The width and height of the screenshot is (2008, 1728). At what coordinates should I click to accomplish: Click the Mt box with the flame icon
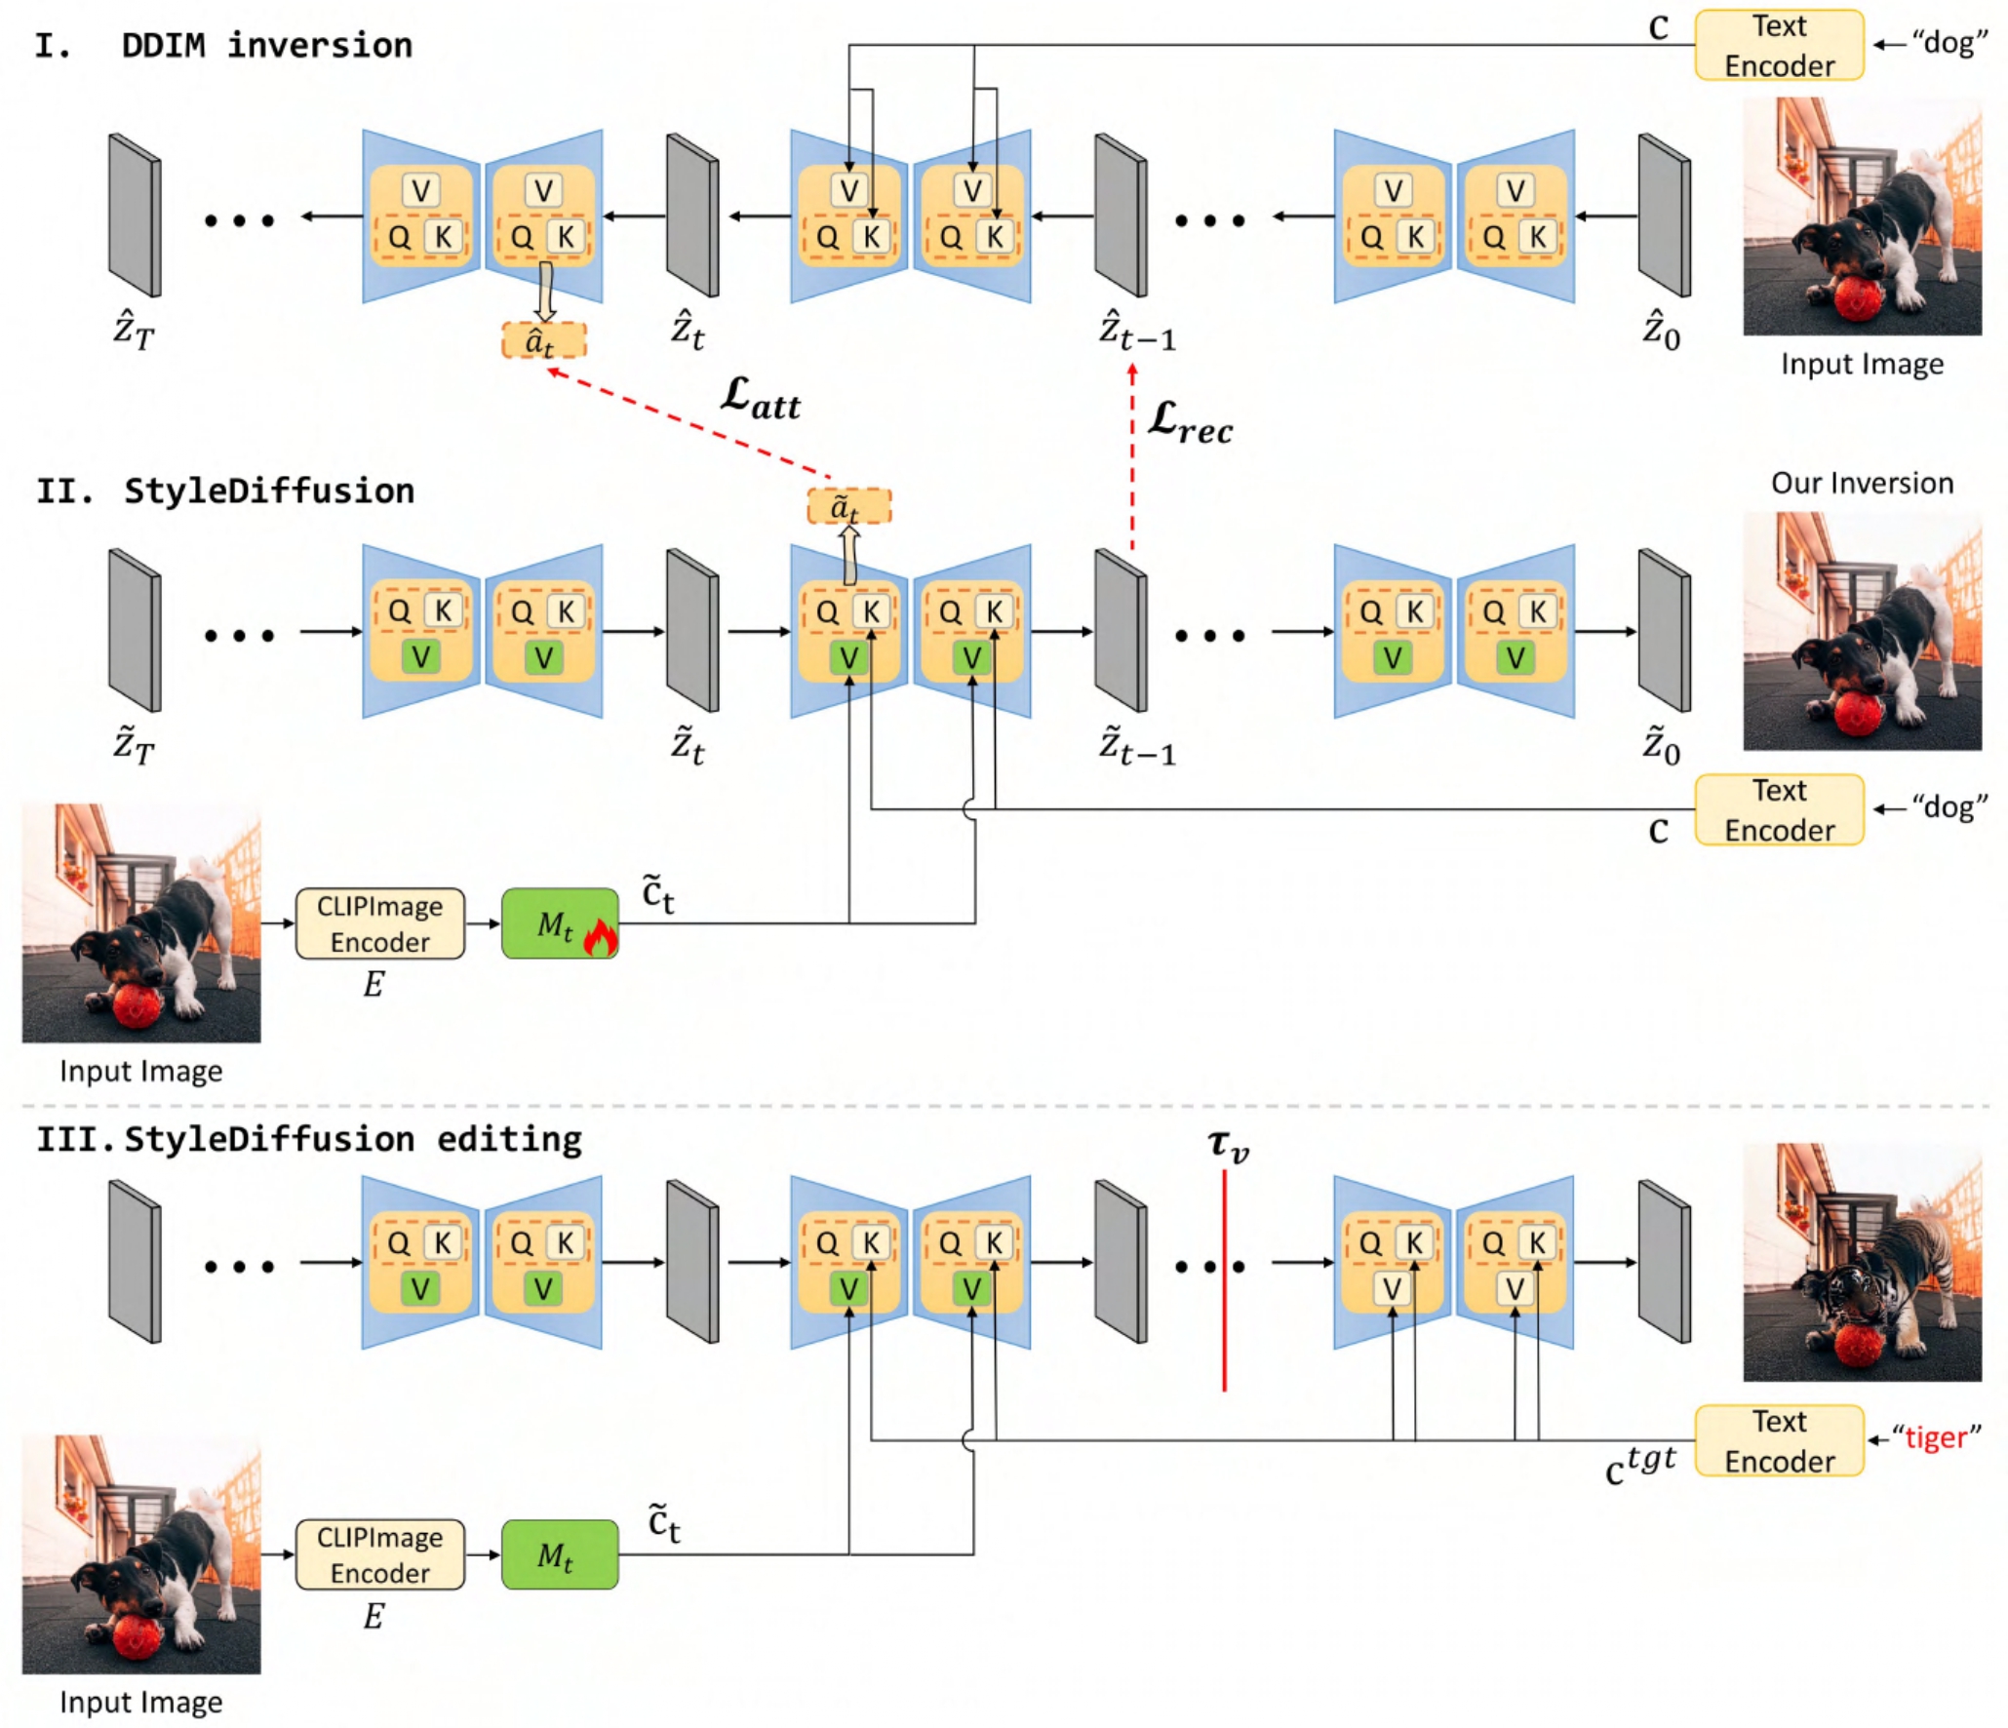tap(559, 923)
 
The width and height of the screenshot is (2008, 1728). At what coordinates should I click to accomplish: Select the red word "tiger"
tap(1936, 1437)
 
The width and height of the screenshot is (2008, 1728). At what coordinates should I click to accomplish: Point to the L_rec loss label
tap(1190, 421)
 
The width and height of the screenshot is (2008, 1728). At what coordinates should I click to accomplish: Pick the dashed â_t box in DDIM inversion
tap(543, 340)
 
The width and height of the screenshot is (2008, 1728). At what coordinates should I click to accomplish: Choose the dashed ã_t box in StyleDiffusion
tap(848, 506)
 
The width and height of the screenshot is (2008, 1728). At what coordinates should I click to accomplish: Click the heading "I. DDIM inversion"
tap(224, 46)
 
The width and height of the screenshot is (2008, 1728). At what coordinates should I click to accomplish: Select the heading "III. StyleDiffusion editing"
tap(309, 1139)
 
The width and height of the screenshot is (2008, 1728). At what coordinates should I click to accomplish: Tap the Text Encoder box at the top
tap(1779, 45)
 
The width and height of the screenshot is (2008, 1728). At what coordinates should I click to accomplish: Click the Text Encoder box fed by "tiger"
tap(1779, 1440)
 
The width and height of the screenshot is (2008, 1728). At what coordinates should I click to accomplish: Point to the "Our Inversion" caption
tap(1862, 483)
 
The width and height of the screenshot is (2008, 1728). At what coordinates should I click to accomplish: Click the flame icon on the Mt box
tap(600, 938)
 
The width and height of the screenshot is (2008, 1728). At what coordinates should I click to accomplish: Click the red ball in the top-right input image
tap(1857, 298)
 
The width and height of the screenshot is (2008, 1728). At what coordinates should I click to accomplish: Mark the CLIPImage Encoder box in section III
tap(379, 1554)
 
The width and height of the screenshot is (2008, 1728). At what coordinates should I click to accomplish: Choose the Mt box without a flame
tap(559, 1554)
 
